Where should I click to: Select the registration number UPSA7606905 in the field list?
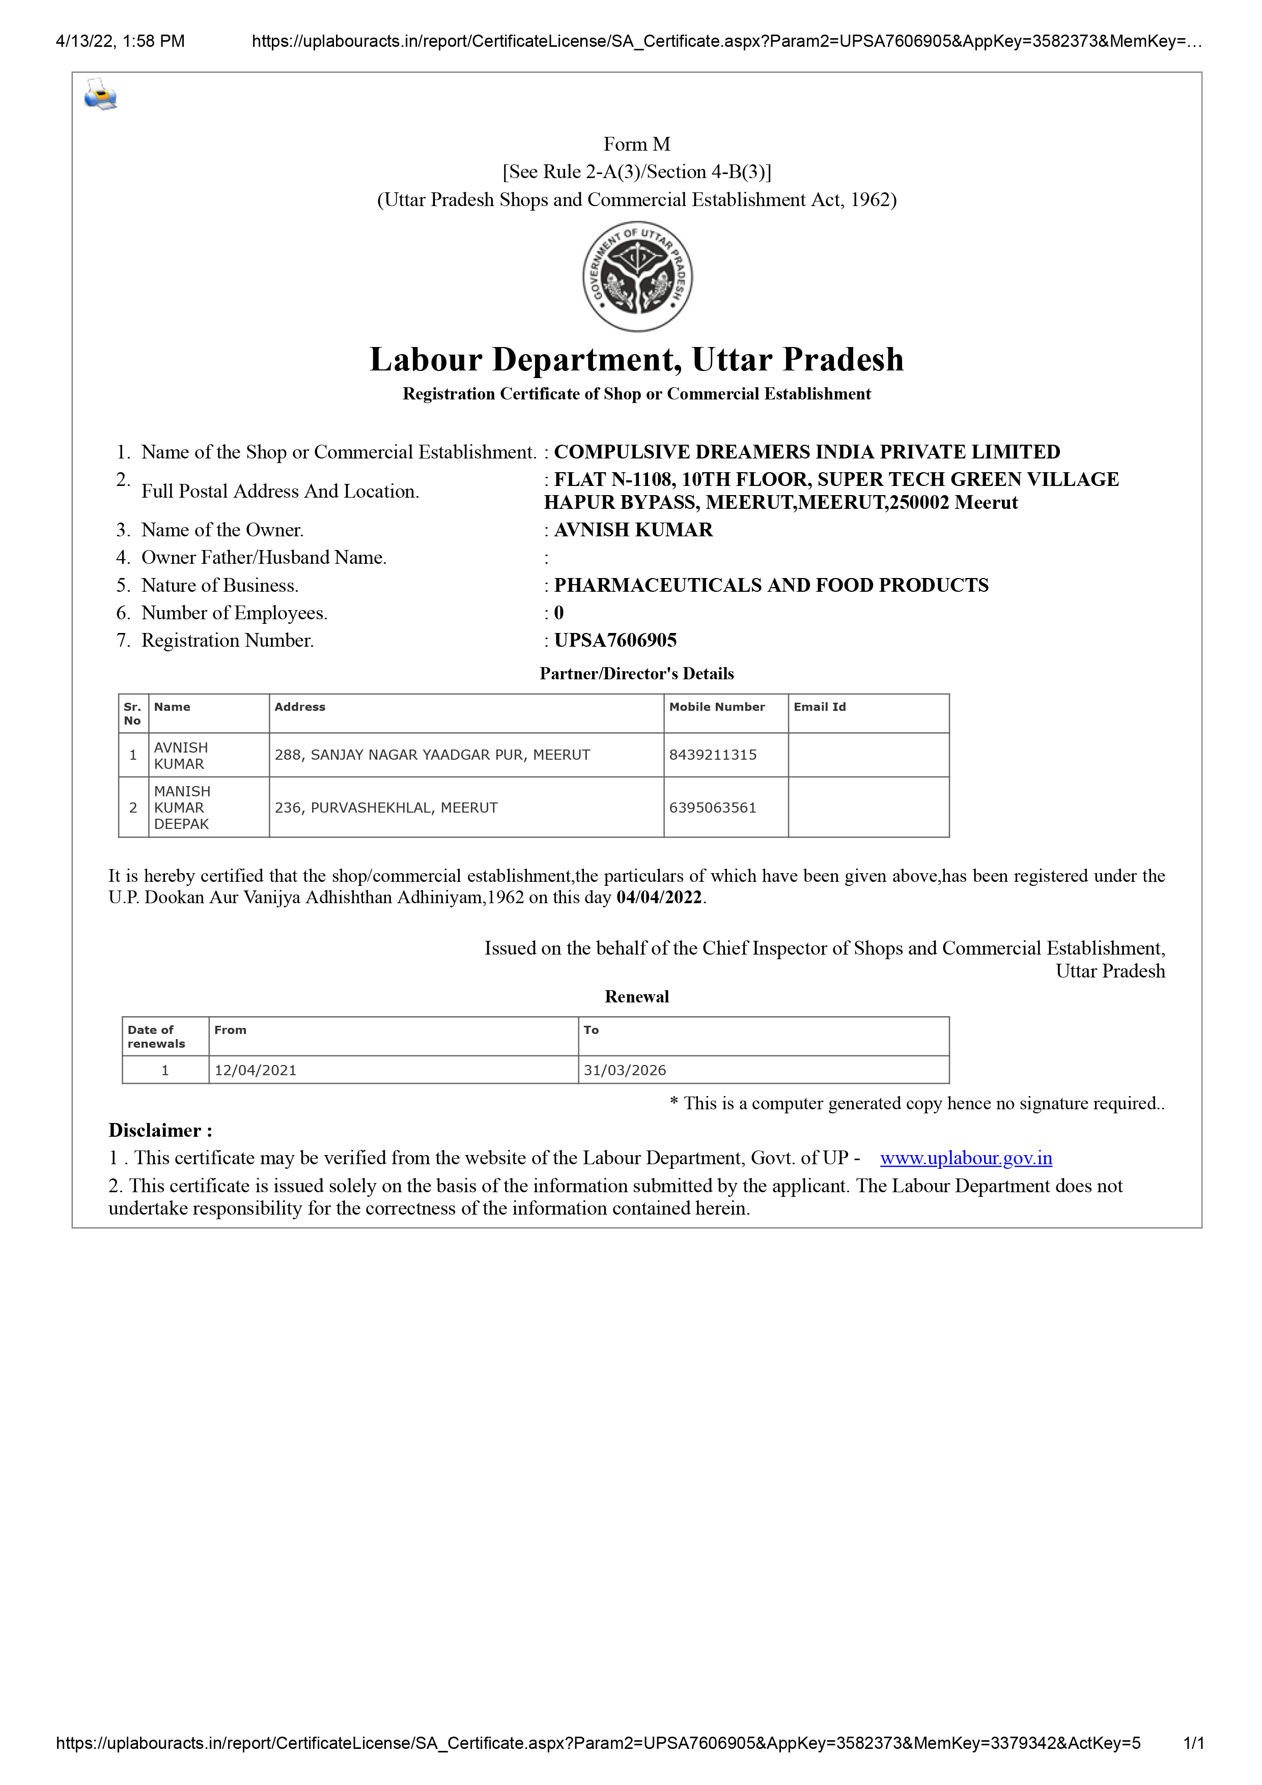(x=615, y=641)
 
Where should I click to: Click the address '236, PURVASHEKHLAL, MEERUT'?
(x=386, y=808)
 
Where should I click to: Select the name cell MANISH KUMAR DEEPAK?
(x=182, y=808)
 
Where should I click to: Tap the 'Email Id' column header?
(x=820, y=707)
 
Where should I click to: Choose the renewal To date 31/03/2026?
(x=625, y=1071)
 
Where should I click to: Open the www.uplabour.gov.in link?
(x=966, y=1159)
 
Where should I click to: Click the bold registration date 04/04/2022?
(x=659, y=898)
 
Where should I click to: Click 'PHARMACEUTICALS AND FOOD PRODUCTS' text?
(x=771, y=585)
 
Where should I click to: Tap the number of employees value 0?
(x=558, y=613)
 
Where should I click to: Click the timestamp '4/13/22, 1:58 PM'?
(x=121, y=41)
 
